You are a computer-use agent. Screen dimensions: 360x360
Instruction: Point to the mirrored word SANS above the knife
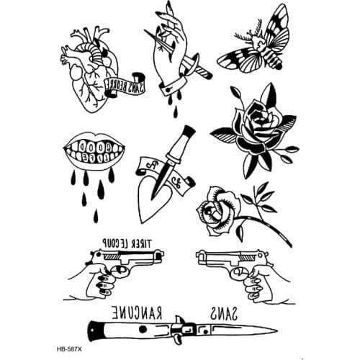pyautogui.click(x=223, y=313)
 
